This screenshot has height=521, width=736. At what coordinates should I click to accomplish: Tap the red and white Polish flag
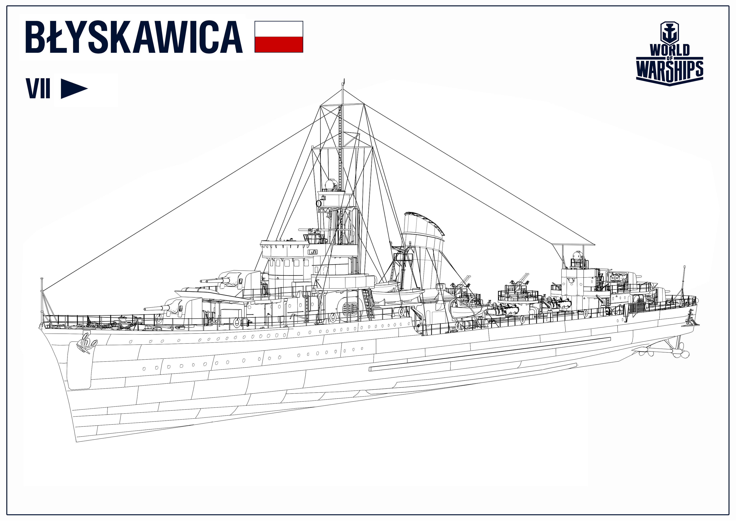pyautogui.click(x=278, y=37)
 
